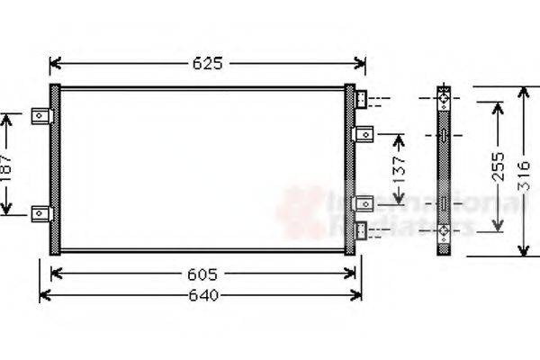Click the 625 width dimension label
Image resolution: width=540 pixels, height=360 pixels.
coord(207,64)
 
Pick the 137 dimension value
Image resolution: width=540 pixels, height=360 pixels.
coord(400,167)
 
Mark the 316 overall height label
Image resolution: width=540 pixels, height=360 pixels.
coord(525,171)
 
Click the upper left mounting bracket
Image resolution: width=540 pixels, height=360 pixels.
coord(41,116)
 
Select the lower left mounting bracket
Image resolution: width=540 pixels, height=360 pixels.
coord(41,212)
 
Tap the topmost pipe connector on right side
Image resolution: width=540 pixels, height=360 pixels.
coord(361,98)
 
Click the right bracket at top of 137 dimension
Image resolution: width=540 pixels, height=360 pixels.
coord(364,134)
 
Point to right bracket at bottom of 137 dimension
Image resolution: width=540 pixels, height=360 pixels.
coord(364,203)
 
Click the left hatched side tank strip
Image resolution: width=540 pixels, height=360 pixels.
coord(54,169)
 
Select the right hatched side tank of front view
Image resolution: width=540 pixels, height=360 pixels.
coord(349,169)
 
